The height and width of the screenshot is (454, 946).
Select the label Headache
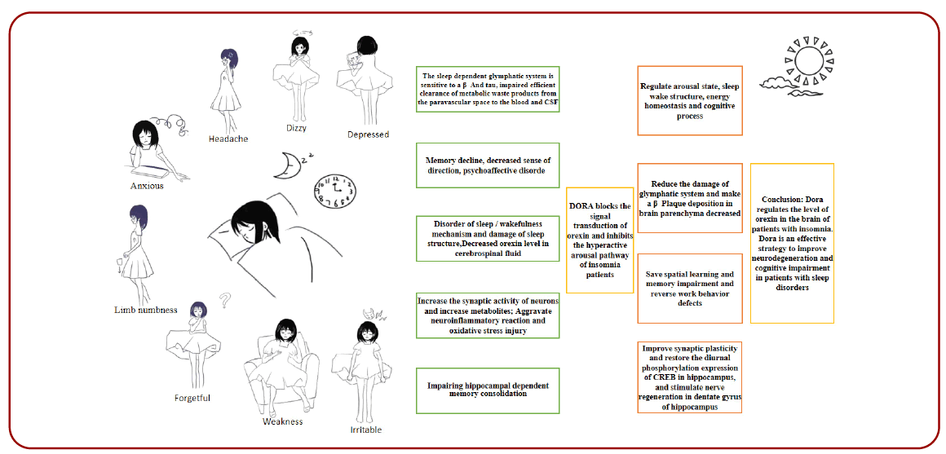[228, 139]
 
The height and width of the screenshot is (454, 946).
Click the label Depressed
[368, 134]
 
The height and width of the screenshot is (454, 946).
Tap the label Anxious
[147, 186]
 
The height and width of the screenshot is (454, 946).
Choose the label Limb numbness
[147, 310]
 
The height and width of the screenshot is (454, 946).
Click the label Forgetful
[192, 398]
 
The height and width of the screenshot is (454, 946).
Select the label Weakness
[282, 421]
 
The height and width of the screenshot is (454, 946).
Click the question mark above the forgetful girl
[225, 301]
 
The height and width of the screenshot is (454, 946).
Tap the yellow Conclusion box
[792, 243]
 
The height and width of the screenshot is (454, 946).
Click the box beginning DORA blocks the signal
[600, 240]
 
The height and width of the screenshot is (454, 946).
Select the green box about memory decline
[488, 165]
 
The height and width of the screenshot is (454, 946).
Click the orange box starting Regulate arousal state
[689, 100]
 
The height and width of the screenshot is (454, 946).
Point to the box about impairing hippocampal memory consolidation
[488, 390]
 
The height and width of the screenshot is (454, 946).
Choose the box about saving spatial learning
[689, 289]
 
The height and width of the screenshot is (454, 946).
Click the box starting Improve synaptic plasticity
[689, 377]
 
